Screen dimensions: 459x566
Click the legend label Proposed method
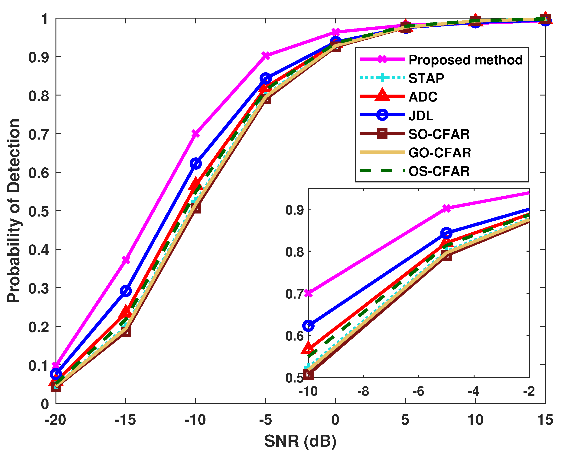(465, 60)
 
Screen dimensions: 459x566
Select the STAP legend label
(426, 78)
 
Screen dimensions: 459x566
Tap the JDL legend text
(421, 115)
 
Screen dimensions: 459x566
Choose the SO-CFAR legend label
(439, 134)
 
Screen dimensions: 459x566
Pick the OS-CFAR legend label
(439, 171)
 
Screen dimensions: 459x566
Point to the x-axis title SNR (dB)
(300, 441)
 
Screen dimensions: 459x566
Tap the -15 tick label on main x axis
(125, 420)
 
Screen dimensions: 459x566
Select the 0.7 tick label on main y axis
(39, 134)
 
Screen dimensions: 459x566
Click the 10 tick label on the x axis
(475, 420)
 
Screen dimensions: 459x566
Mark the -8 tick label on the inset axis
(363, 391)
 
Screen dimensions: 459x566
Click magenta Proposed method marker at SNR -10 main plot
(196, 134)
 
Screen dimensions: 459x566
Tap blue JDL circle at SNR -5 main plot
(266, 79)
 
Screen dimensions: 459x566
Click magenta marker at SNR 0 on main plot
(336, 32)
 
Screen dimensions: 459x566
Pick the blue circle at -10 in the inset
(308, 326)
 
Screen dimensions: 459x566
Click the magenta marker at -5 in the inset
(446, 208)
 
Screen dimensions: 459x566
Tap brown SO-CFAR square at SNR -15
(126, 331)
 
